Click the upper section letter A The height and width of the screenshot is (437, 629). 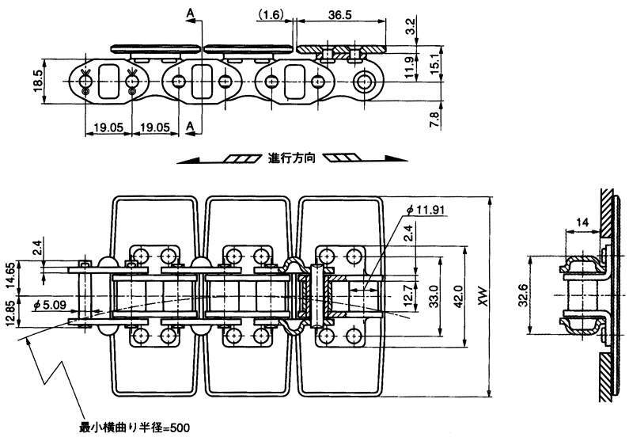pyautogui.click(x=190, y=13)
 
